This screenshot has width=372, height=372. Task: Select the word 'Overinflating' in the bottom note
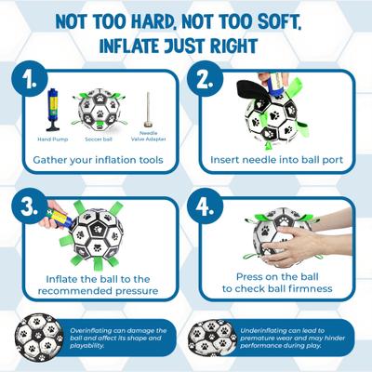click(x=96, y=330)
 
